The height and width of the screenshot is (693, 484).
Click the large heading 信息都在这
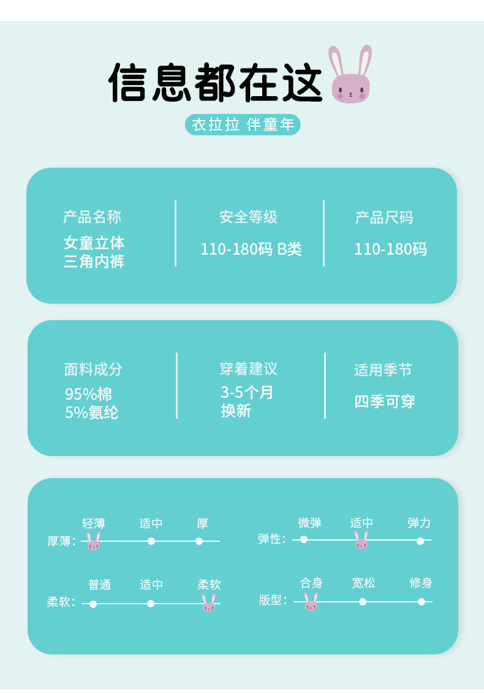(x=215, y=83)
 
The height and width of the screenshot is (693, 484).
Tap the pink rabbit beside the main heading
(x=350, y=74)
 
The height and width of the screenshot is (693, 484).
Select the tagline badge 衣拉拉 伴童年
(x=243, y=125)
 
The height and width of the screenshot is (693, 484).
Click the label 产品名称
(x=92, y=217)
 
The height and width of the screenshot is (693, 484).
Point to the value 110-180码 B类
(x=251, y=249)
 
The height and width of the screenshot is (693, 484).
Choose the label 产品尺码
(x=384, y=217)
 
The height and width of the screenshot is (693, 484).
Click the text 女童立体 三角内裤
(x=94, y=252)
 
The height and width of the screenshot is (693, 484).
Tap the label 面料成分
(x=93, y=370)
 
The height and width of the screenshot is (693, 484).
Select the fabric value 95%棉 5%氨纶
(x=91, y=403)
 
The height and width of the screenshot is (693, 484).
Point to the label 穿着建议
(x=249, y=369)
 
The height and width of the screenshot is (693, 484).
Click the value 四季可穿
(x=385, y=402)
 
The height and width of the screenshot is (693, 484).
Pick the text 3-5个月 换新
(x=247, y=402)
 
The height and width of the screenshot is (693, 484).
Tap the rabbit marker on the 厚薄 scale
(x=93, y=541)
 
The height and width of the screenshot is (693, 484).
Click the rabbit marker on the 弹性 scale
(x=361, y=540)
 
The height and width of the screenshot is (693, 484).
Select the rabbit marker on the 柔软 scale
(x=209, y=603)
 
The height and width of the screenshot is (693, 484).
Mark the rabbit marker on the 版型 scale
(x=311, y=602)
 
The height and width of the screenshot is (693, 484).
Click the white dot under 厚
(x=199, y=541)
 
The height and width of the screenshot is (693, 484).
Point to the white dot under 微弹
(x=304, y=539)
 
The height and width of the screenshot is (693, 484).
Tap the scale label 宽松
(x=363, y=583)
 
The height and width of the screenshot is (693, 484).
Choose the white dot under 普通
(x=93, y=604)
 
